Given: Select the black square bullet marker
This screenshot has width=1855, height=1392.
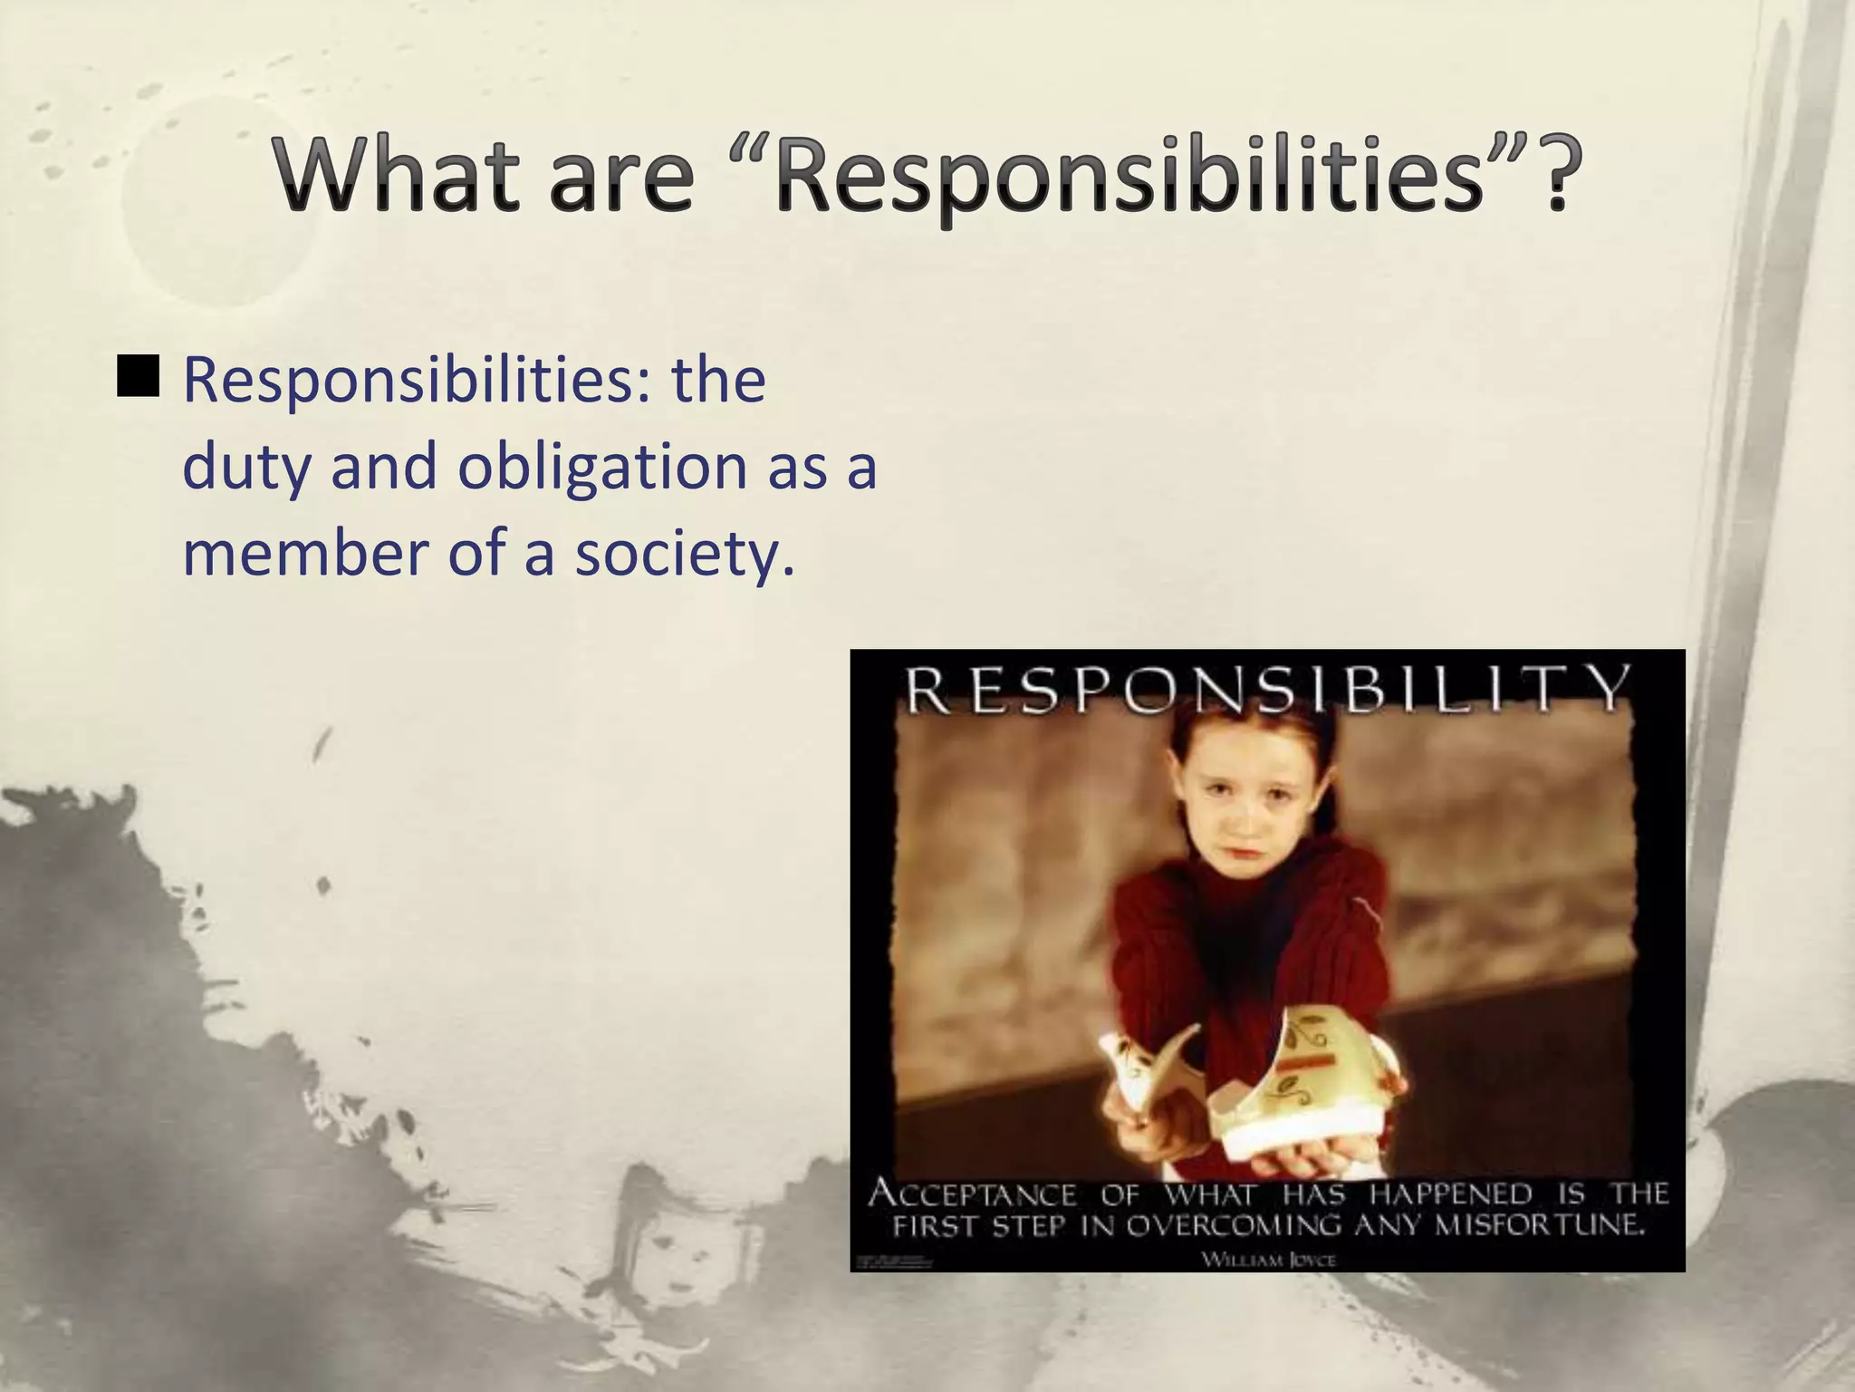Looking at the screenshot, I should coord(139,377).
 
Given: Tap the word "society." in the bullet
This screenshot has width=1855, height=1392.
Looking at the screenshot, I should coord(685,555).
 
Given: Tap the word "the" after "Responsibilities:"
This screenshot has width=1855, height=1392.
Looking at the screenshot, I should coord(717,381).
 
